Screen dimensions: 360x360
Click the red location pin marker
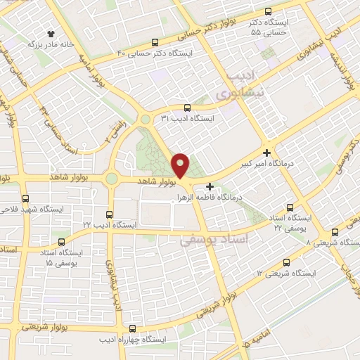pyautogui.click(x=181, y=165)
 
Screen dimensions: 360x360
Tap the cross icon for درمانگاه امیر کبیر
pyautogui.click(x=267, y=152)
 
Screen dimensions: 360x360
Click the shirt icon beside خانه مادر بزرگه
pyautogui.click(x=51, y=33)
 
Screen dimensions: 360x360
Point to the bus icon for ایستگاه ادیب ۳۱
pyautogui.click(x=186, y=108)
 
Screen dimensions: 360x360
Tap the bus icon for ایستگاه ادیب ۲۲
pyautogui.click(x=108, y=214)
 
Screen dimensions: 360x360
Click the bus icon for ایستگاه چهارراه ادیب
pyautogui.click(x=133, y=328)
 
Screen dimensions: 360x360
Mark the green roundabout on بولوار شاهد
pyautogui.click(x=111, y=179)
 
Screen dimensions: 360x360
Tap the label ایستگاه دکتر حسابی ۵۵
pyautogui.click(x=271, y=27)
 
